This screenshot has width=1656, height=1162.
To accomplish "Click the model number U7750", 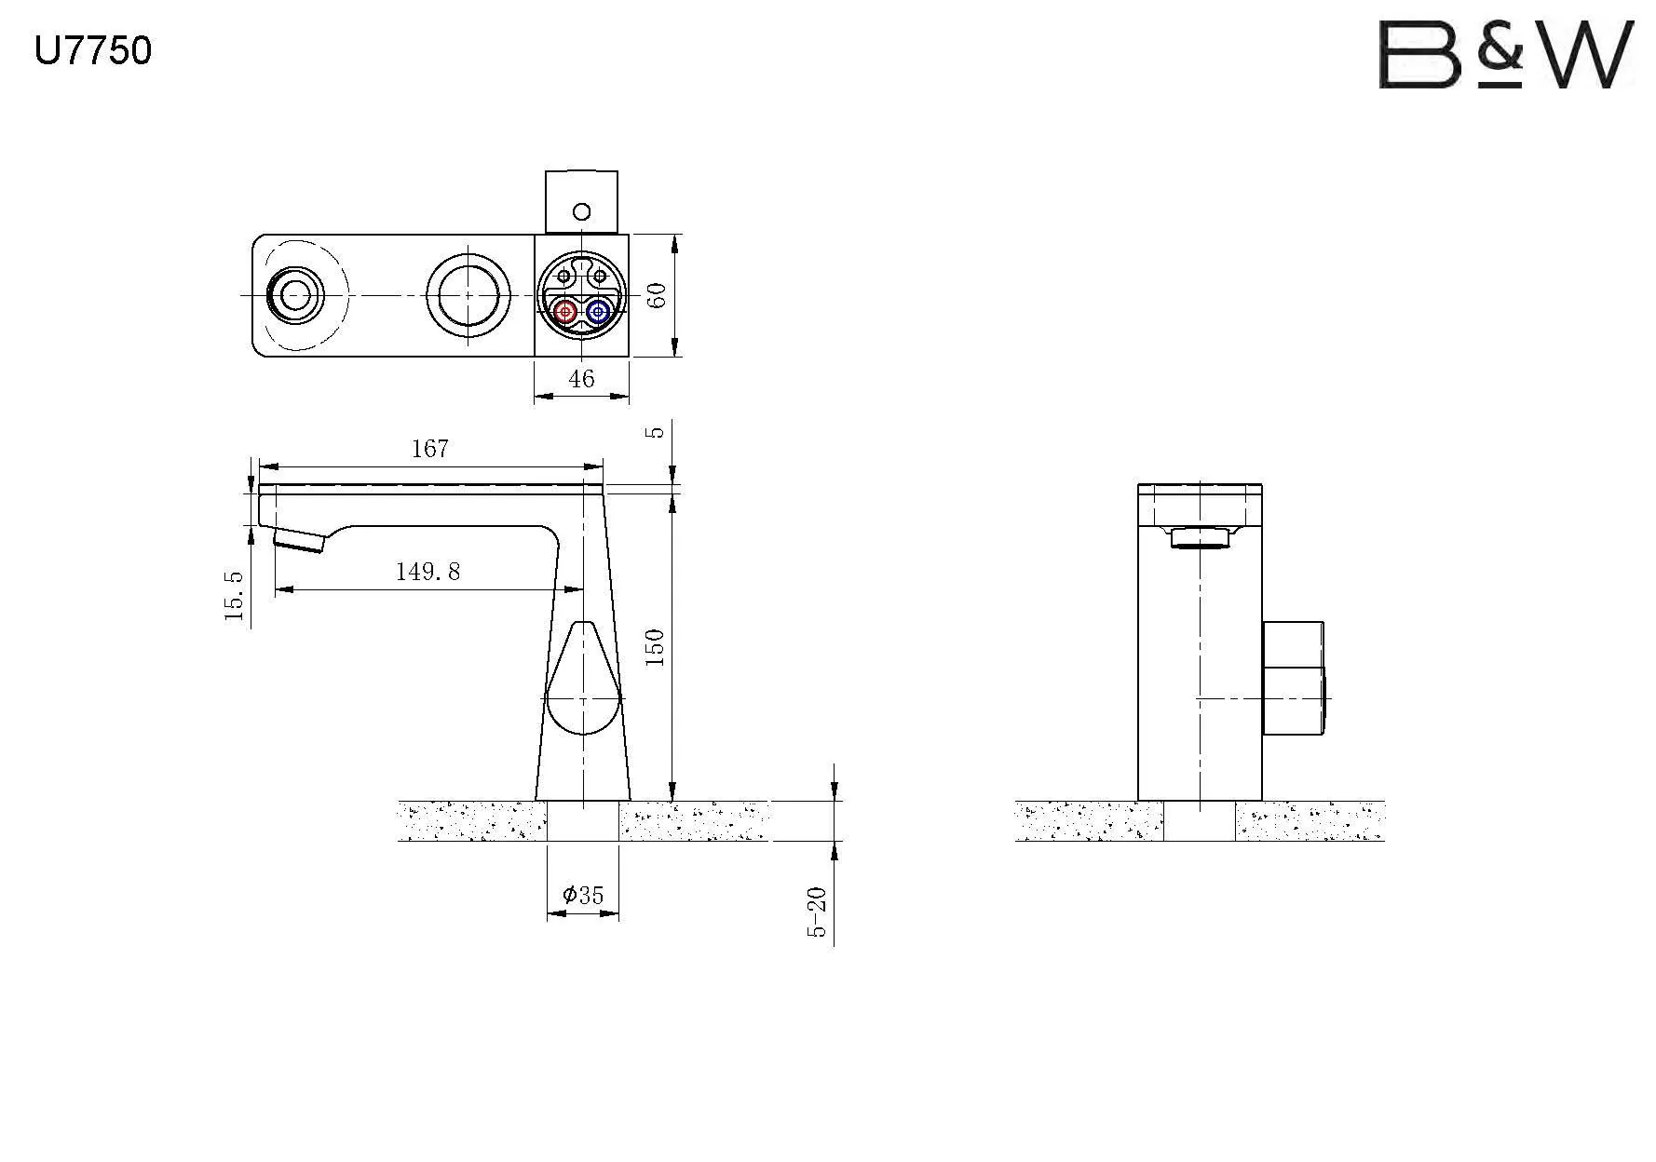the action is coord(92,50).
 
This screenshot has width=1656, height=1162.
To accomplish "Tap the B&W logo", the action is coord(1506,55).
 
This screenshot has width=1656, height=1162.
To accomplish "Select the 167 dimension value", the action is coord(430,449).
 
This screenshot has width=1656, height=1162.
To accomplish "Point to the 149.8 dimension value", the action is coord(428,571).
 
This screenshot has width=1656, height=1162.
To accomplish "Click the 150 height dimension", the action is coord(656,647).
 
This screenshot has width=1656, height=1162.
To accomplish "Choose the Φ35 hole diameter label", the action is coord(583,896).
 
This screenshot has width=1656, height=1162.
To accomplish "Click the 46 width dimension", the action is coord(581,379).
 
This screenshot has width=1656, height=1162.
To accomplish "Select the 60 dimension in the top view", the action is coord(657,295).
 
